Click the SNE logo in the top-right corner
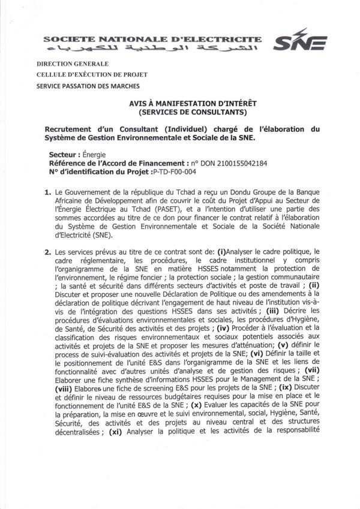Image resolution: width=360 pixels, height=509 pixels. tap(299, 43)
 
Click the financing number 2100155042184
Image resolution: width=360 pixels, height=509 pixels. tap(238, 162)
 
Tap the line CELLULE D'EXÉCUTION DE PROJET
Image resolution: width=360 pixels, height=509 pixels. tap(92, 75)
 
